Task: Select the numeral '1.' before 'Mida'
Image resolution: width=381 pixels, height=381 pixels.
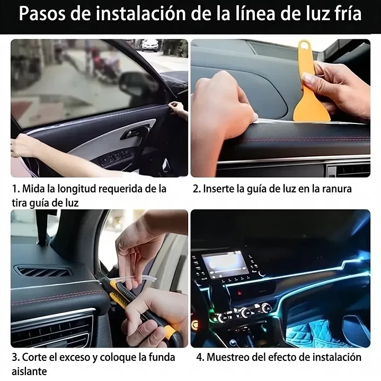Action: (16, 189)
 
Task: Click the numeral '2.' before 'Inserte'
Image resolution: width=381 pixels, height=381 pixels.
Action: (196, 189)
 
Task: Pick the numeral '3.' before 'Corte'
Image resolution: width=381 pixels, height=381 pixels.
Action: (16, 358)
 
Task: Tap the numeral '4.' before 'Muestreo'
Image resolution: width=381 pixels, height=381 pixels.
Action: (200, 358)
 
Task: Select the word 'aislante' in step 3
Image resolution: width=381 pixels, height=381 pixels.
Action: (29, 371)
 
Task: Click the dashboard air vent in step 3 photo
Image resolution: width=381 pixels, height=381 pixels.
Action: (42, 271)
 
